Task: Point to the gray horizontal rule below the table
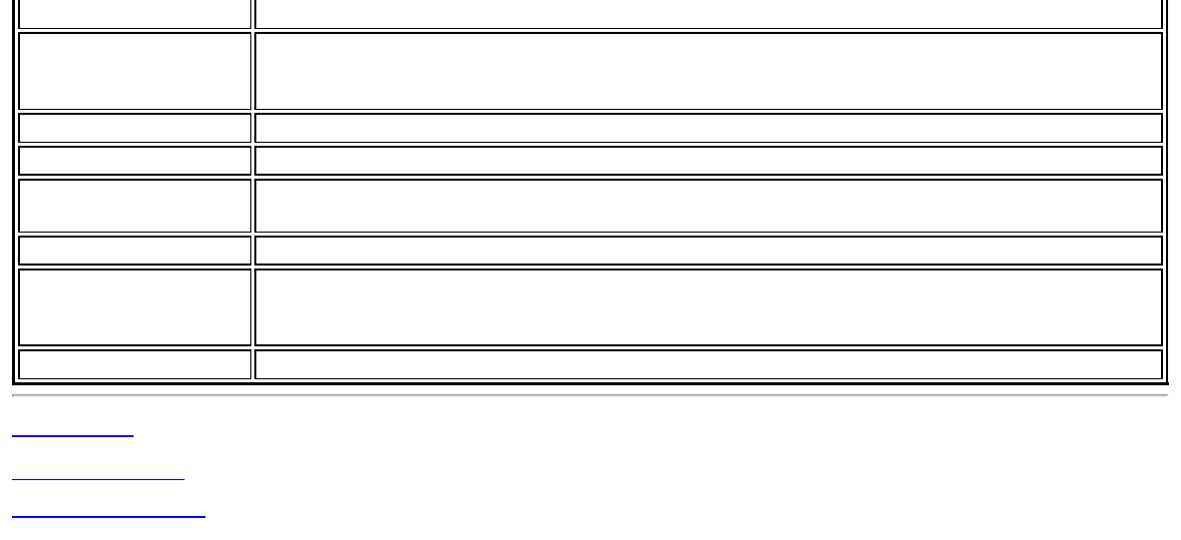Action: coord(590,396)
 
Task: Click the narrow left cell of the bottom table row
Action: coord(135,364)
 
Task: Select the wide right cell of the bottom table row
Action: coord(708,364)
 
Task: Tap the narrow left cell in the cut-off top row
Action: coord(135,13)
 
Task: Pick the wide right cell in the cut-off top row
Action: coord(708,13)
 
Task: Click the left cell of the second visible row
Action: coord(135,71)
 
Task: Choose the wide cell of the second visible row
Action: coord(708,71)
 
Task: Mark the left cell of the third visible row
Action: coord(135,128)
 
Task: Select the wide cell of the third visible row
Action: coord(708,128)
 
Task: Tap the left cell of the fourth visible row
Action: coord(135,161)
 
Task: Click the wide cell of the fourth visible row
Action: coord(708,161)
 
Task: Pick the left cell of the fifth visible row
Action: coord(135,206)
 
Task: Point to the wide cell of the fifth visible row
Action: coord(708,206)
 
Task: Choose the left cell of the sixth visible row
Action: coord(135,250)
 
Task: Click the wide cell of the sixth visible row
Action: coord(708,250)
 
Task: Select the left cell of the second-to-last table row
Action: coord(135,307)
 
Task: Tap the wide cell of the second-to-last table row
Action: coord(708,307)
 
